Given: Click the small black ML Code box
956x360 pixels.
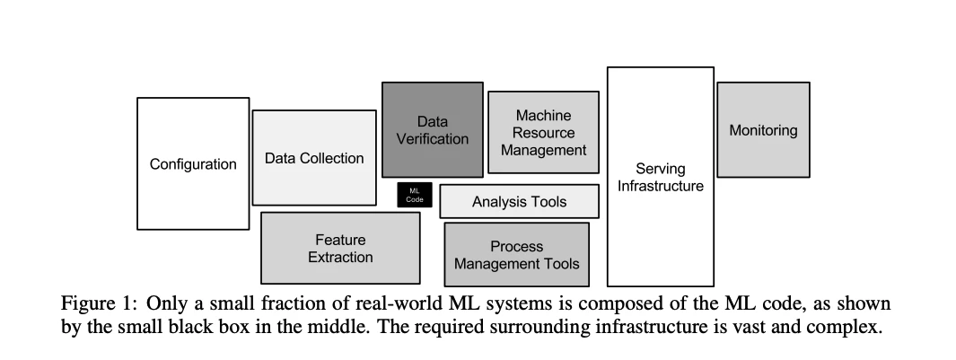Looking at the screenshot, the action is pyautogui.click(x=415, y=195).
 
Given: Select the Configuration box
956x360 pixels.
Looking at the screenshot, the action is pyautogui.click(x=193, y=163).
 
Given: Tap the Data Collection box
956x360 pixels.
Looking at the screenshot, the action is pyautogui.click(x=314, y=157).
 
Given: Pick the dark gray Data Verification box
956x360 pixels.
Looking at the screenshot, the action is pyautogui.click(x=433, y=130).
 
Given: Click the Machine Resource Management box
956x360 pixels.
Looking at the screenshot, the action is pyautogui.click(x=544, y=132).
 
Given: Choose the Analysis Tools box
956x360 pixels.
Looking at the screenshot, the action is pyautogui.click(x=520, y=201).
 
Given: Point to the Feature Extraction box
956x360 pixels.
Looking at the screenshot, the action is pyautogui.click(x=340, y=248).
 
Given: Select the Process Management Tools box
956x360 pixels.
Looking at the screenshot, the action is pyautogui.click(x=517, y=254).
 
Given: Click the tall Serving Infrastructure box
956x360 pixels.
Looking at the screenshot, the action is pyautogui.click(x=661, y=177).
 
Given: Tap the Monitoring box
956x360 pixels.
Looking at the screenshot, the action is pyautogui.click(x=763, y=130).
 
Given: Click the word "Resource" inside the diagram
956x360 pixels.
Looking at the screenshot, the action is pyautogui.click(x=544, y=132).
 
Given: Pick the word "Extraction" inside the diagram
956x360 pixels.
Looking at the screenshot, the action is pyautogui.click(x=340, y=257).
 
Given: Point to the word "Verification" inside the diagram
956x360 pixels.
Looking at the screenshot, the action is pyautogui.click(x=433, y=138).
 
